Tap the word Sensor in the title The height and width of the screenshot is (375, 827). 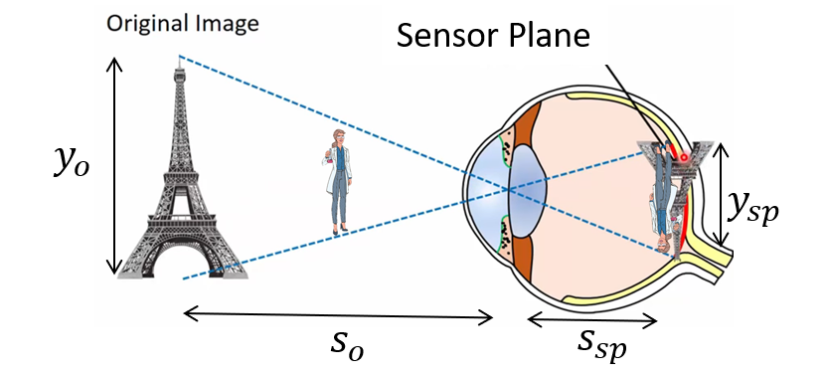[x=444, y=36]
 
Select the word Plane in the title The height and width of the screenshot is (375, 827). [x=547, y=36]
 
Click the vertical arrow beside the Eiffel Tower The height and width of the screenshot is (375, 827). [x=115, y=164]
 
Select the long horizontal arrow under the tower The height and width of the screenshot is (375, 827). [x=338, y=316]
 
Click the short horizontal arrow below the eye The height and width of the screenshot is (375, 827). [x=591, y=319]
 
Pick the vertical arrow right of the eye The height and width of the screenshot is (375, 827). [x=723, y=194]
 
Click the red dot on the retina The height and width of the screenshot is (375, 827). [x=685, y=157]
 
